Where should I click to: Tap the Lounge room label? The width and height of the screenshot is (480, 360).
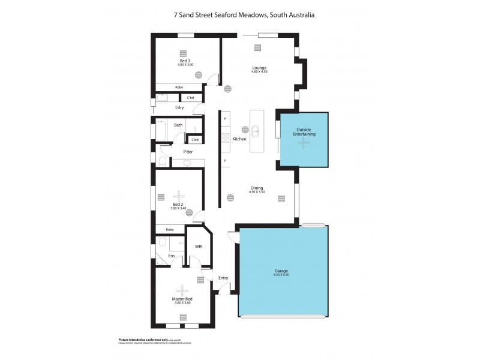[259, 68]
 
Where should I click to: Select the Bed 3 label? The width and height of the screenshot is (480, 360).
[185, 61]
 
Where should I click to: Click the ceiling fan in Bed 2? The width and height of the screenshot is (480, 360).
[179, 195]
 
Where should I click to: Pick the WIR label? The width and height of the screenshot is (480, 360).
[199, 246]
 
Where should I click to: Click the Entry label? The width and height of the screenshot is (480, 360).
[223, 278]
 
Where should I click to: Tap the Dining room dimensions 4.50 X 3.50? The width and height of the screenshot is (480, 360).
[257, 192]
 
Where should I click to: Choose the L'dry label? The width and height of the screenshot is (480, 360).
[179, 108]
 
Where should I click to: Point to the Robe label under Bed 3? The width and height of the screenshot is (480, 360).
[179, 88]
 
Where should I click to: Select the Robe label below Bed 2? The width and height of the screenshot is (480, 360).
[170, 229]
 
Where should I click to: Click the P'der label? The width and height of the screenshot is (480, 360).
[187, 152]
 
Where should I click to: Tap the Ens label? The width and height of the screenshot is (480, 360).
[171, 256]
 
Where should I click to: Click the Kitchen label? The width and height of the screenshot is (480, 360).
[239, 139]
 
